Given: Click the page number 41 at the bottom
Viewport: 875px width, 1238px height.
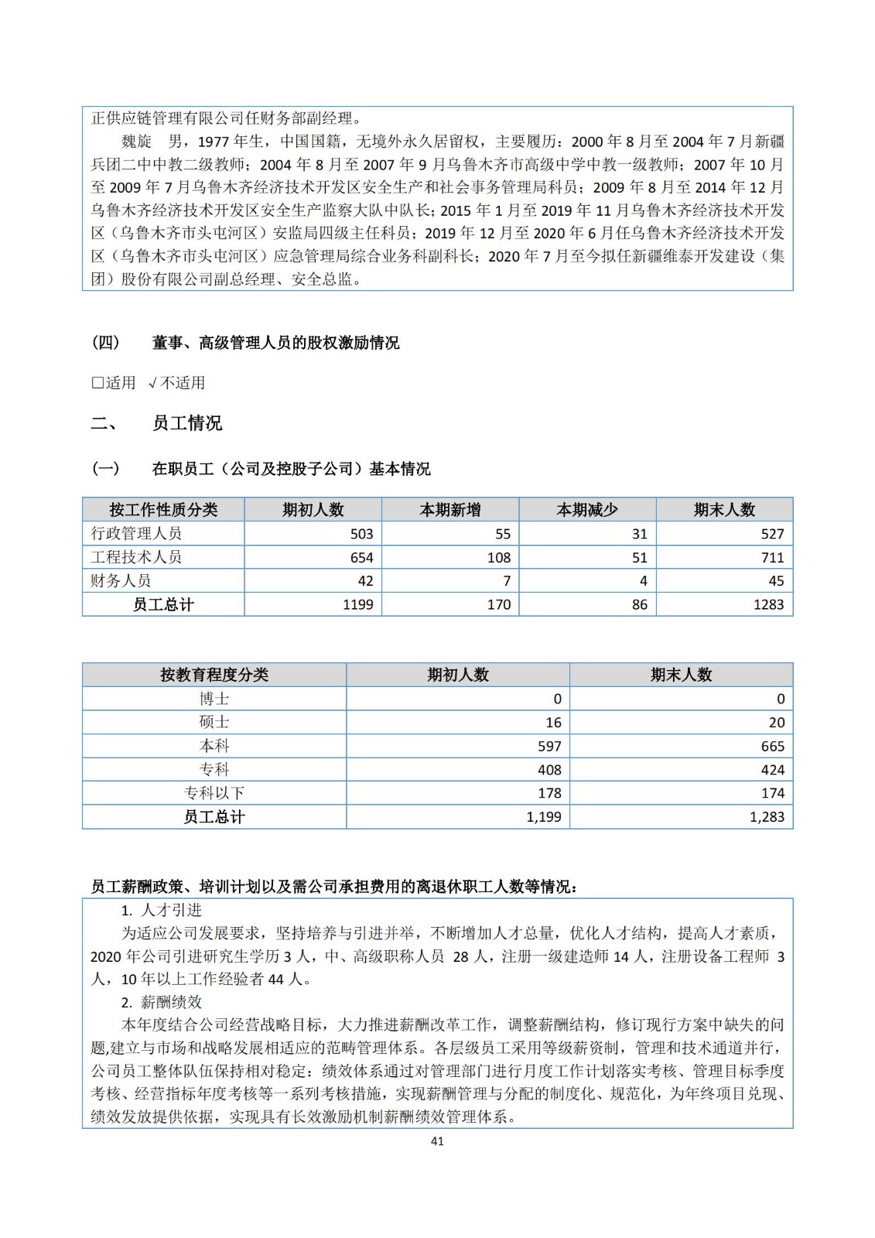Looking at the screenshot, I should (437, 1141).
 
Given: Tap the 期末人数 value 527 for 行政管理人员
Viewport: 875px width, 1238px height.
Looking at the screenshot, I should (772, 534).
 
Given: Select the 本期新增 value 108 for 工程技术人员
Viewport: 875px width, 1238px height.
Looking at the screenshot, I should (498, 558).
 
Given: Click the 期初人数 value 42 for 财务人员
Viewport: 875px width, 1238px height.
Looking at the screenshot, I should (365, 581).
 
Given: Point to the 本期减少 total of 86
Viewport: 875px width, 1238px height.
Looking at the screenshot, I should (639, 605).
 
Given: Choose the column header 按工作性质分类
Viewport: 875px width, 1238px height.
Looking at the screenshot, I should (163, 510).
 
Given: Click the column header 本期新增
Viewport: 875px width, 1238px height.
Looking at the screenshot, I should (450, 510).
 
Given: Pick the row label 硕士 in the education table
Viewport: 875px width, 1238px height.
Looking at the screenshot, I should (214, 723).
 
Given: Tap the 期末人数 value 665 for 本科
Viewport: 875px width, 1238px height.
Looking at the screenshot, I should (772, 747).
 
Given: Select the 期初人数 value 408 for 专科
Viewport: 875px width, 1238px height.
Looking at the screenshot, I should (549, 770).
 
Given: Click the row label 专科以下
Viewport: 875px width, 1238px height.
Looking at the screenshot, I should (214, 793).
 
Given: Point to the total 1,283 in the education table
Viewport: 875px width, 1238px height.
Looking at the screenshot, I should (767, 817).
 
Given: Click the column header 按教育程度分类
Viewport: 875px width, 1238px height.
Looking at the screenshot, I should (214, 675).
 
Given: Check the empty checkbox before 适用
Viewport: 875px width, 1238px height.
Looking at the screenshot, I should (97, 383).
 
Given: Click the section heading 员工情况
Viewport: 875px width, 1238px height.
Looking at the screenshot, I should (187, 423).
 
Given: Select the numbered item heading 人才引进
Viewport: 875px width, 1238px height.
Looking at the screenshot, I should (171, 911).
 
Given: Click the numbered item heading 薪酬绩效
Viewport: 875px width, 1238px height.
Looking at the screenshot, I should (171, 1003).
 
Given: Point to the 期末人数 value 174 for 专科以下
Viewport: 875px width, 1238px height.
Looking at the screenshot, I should (772, 793).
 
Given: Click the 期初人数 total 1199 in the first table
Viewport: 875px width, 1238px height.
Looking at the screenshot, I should (357, 605).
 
